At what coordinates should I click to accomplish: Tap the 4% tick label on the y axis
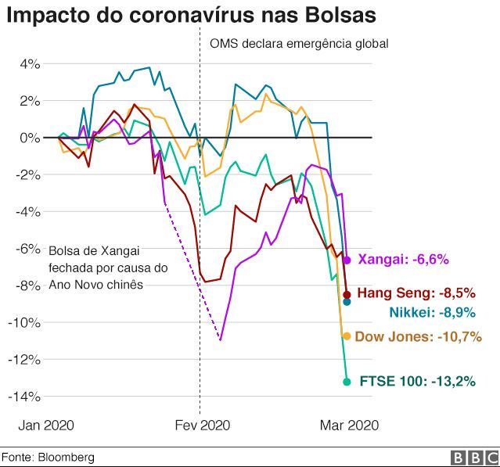click(29, 64)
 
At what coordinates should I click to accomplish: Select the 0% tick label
click(29, 138)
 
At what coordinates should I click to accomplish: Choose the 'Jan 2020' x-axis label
click(46, 426)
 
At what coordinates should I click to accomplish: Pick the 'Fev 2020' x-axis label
click(202, 426)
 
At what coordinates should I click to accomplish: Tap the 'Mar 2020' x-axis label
click(349, 426)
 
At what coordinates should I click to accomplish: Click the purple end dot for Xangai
click(347, 259)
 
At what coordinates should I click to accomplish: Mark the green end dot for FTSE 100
click(347, 382)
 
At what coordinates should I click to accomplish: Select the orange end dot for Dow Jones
click(347, 336)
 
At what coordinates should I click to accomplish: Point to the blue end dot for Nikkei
click(347, 302)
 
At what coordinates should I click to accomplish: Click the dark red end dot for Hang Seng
click(347, 294)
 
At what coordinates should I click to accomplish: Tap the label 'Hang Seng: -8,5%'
click(415, 294)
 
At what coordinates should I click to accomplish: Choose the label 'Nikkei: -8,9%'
click(431, 313)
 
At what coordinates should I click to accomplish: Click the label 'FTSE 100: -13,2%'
click(418, 382)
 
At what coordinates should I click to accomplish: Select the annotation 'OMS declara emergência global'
click(299, 44)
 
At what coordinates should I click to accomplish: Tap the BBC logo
click(474, 457)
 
